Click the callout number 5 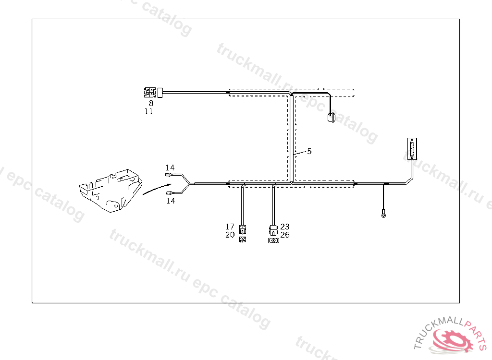click(x=309, y=151)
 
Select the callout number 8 click(x=151, y=103)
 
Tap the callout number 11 click(x=149, y=111)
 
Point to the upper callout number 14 click(x=170, y=168)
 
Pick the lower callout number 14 click(x=171, y=201)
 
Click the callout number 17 click(x=230, y=226)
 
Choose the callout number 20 click(x=230, y=235)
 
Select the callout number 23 click(x=285, y=226)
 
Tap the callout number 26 click(x=285, y=235)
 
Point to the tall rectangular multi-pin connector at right click(x=412, y=149)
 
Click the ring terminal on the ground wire click(x=383, y=215)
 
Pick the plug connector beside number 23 click(x=273, y=229)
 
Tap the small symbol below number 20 click(x=243, y=239)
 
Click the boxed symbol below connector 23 click(x=273, y=240)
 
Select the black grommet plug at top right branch click(x=331, y=118)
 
